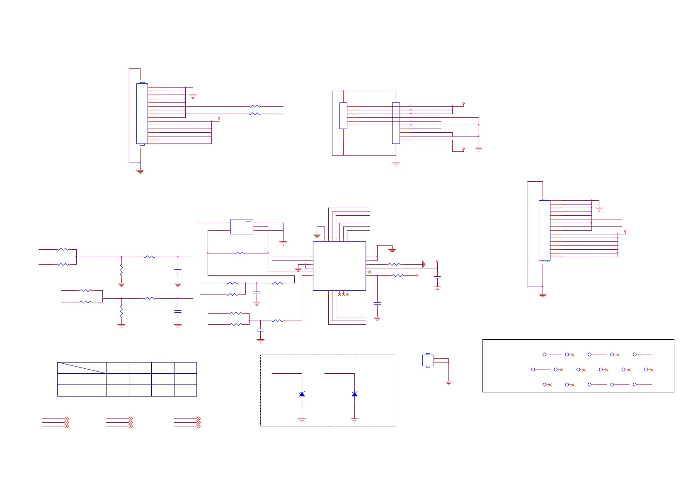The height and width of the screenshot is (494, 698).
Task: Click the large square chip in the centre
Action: pyautogui.click(x=339, y=266)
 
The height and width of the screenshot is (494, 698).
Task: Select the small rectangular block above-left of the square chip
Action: pyautogui.click(x=242, y=226)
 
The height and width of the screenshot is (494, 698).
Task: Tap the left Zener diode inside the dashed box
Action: pyautogui.click(x=302, y=394)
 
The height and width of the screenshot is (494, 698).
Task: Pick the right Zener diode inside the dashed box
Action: pyautogui.click(x=354, y=394)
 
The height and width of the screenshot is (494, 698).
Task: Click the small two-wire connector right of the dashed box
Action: pyautogui.click(x=428, y=360)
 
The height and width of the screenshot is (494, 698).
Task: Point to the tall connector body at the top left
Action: pyautogui.click(x=142, y=114)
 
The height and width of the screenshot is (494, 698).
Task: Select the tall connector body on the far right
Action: pyautogui.click(x=544, y=231)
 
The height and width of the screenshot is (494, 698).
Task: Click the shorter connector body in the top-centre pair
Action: pyautogui.click(x=343, y=116)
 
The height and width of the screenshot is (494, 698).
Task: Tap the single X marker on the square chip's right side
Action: pyautogui.click(x=370, y=272)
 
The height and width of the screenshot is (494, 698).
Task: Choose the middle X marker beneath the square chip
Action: pyautogui.click(x=343, y=294)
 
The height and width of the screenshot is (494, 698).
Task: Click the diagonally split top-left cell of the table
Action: pyautogui.click(x=82, y=368)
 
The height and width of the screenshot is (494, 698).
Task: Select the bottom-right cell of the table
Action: pyautogui.click(x=185, y=390)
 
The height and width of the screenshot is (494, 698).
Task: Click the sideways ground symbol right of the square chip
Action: pyautogui.click(x=424, y=264)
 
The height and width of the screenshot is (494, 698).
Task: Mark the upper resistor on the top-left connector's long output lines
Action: pyautogui.click(x=255, y=107)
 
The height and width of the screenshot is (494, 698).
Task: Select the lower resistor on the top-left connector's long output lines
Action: pyautogui.click(x=255, y=114)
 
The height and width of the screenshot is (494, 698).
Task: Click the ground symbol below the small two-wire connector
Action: pyautogui.click(x=448, y=382)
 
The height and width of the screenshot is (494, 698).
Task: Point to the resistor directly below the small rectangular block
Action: pyautogui.click(x=240, y=253)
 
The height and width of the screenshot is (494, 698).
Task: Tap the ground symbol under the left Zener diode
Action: pyautogui.click(x=302, y=420)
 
